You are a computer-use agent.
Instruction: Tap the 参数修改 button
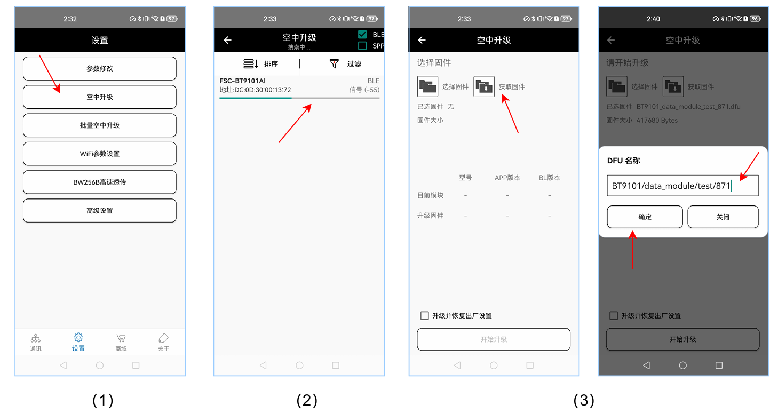tap(100, 68)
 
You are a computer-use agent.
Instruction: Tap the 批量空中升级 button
tap(100, 125)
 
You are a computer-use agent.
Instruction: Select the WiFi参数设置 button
tap(100, 154)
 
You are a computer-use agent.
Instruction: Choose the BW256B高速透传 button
tap(100, 182)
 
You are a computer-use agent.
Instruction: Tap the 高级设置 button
tap(100, 210)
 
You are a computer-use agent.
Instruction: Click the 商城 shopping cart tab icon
tap(121, 338)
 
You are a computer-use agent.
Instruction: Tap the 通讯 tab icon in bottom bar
tap(35, 338)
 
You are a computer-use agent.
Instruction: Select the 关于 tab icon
tap(163, 338)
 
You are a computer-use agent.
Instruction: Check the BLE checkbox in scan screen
tap(362, 34)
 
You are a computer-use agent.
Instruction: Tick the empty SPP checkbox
tap(362, 46)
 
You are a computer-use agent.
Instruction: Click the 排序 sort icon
tap(251, 64)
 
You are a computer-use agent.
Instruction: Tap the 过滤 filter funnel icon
tap(334, 63)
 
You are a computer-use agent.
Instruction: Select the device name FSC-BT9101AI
tap(242, 81)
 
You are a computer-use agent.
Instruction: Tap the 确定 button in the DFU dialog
tap(645, 217)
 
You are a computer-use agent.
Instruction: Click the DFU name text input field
tap(682, 186)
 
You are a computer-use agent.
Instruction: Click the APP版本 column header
tap(507, 178)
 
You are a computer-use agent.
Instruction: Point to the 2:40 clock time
tap(653, 19)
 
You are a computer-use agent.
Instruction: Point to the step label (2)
tap(307, 400)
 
